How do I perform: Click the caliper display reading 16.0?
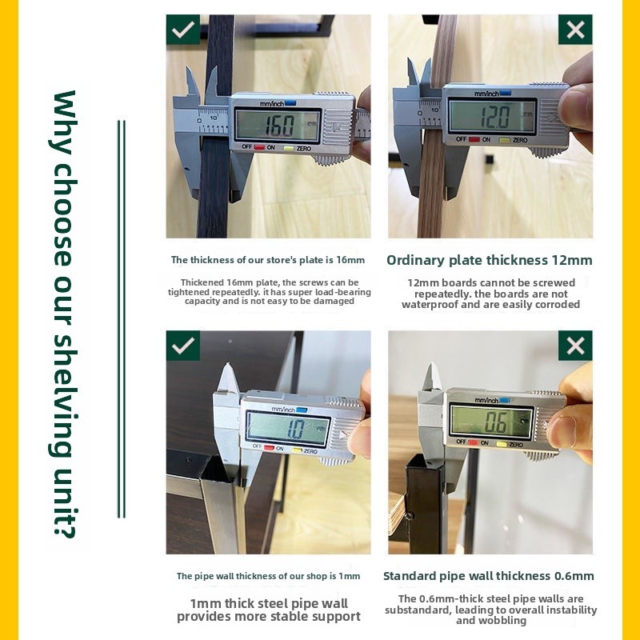[278, 126]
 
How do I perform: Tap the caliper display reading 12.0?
[492, 116]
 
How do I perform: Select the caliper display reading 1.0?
[288, 428]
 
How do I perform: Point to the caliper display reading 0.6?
[492, 421]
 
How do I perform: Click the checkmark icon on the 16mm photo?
[183, 30]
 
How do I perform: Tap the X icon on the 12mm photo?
[575, 30]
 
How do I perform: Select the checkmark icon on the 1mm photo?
[183, 346]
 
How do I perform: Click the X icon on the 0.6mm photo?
[575, 346]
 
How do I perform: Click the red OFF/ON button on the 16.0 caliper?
[259, 147]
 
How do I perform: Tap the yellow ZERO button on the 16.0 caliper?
[289, 148]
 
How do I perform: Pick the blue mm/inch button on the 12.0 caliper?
[505, 93]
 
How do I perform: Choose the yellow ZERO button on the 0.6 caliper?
[502, 444]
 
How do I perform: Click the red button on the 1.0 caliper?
[269, 448]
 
